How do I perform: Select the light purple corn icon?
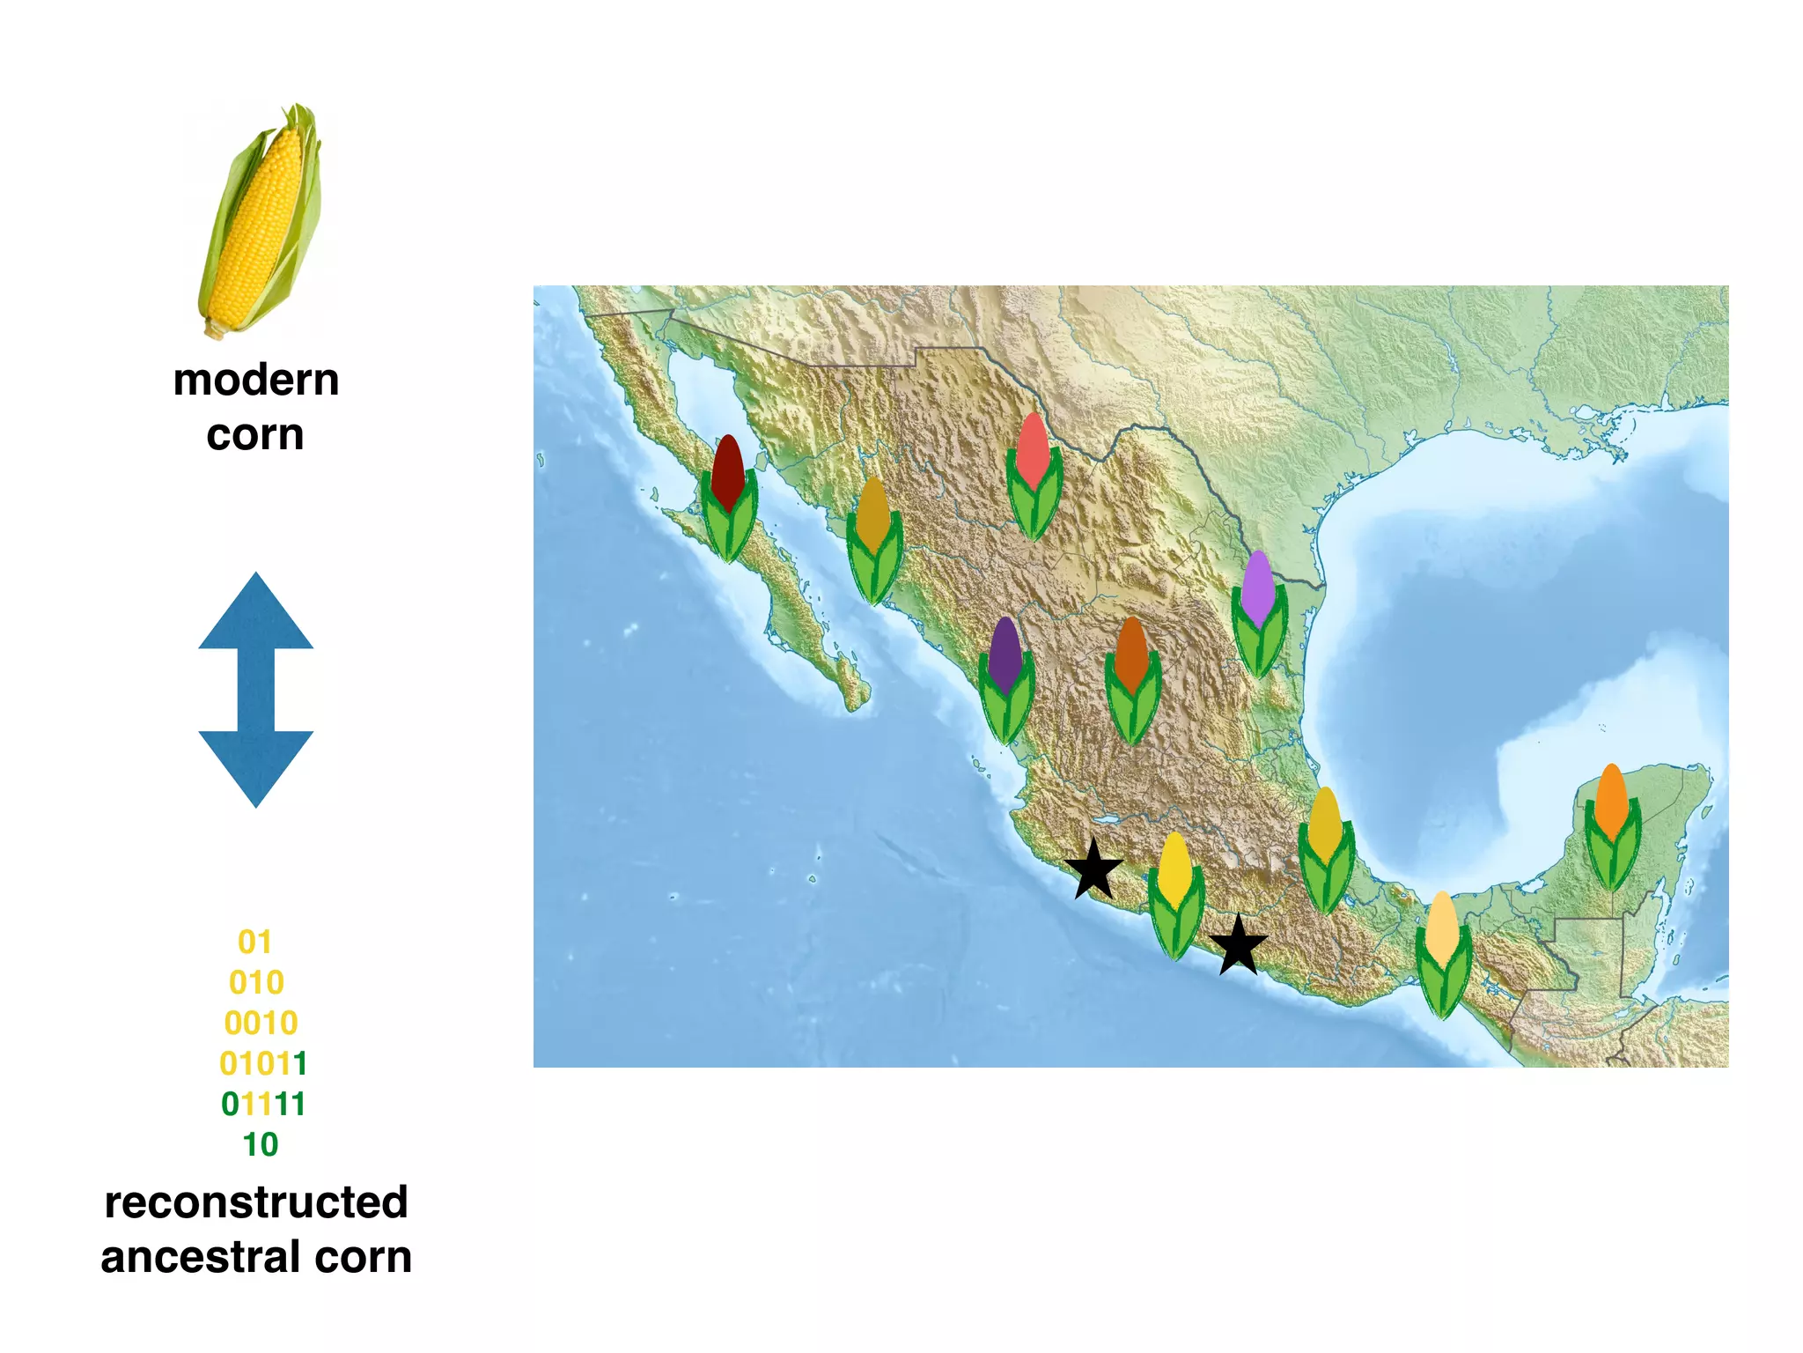1259,612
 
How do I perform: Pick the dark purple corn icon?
1005,678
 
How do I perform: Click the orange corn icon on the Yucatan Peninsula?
1612,825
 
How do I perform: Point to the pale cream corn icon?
1442,953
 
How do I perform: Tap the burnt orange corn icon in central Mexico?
1132,678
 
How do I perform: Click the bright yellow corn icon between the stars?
1175,894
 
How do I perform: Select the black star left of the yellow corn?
1093,869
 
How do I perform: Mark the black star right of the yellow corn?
1239,946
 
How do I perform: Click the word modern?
256,381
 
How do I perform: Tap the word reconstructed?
256,1203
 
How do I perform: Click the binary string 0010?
261,1024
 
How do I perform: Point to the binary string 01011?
262,1064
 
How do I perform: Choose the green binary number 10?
261,1145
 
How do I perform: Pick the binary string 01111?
262,1105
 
